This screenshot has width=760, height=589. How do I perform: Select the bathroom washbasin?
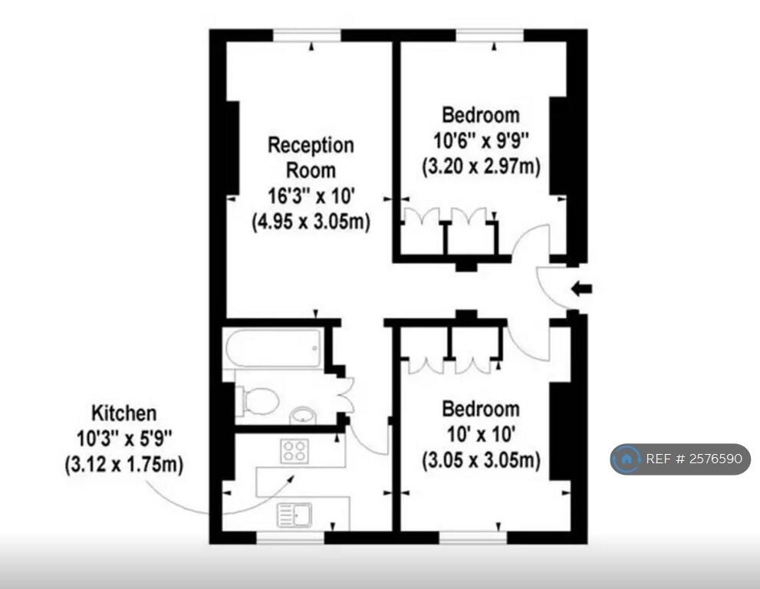301,415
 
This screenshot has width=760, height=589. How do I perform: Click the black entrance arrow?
582,289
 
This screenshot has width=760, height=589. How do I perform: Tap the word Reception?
311,145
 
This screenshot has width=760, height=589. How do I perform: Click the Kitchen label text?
124,413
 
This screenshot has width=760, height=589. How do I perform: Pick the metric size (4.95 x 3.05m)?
311,222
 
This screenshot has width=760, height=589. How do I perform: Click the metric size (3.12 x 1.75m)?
124,465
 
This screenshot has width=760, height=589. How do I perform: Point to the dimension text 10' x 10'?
481,434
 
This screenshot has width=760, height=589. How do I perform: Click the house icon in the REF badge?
627,459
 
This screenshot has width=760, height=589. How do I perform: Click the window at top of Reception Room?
307,35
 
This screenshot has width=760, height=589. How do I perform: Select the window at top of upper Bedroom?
490,35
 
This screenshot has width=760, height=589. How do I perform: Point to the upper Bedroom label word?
481,115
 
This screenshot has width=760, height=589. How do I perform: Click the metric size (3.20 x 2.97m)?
481,166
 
